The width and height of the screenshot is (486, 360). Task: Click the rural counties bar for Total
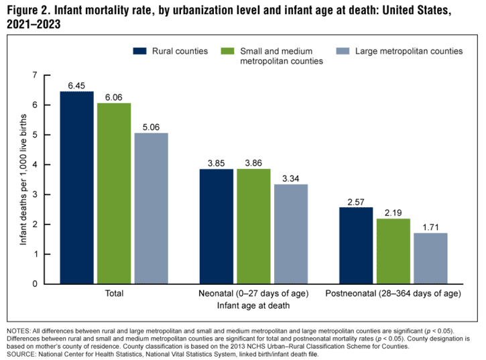(76, 188)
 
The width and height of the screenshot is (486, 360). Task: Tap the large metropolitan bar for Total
(151, 208)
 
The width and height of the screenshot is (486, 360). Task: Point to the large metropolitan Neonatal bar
(290, 234)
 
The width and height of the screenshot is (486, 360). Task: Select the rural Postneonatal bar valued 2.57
(355, 245)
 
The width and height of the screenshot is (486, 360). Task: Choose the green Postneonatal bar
(393, 251)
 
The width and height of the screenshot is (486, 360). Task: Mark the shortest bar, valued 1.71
(430, 258)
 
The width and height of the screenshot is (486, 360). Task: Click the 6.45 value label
(76, 86)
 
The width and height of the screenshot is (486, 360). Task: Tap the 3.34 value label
(290, 178)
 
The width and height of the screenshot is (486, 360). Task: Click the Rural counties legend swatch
(139, 51)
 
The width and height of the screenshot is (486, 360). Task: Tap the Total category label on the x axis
(114, 294)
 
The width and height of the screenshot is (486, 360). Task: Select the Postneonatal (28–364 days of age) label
(393, 294)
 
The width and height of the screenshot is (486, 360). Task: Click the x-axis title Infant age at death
(253, 306)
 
